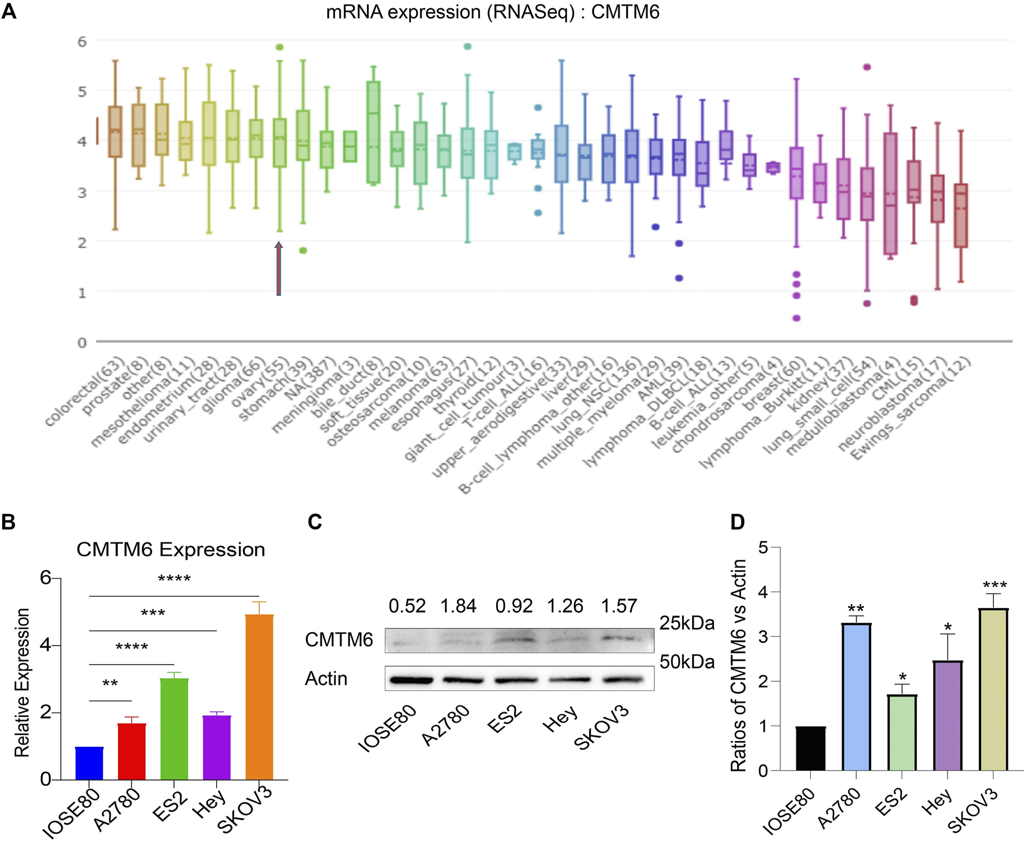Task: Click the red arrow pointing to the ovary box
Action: (279, 269)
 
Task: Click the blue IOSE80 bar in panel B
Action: (89, 763)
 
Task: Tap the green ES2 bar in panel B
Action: (174, 728)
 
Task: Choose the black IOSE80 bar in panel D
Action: (811, 748)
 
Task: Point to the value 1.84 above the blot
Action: (458, 606)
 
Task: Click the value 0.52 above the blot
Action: (407, 606)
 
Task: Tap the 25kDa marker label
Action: (687, 624)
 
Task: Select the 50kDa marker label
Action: (687, 662)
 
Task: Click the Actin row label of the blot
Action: (326, 679)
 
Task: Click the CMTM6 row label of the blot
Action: (339, 640)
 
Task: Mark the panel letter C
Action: (315, 522)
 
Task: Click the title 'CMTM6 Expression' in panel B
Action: (171, 549)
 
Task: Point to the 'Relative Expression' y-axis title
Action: (22, 682)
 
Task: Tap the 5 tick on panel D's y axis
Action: (763, 547)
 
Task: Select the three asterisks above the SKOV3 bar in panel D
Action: (995, 585)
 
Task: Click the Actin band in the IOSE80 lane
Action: (411, 680)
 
